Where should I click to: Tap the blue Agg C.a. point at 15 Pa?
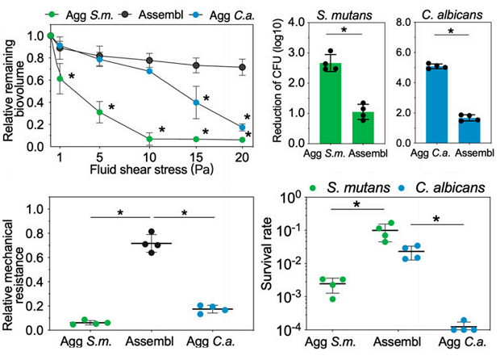pos(195,103)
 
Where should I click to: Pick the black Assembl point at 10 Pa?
pos(148,61)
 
